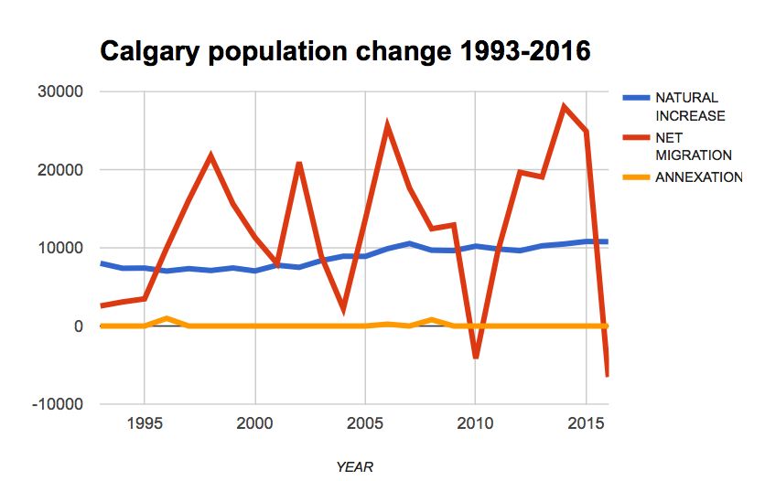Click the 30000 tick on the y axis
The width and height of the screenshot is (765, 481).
coord(59,91)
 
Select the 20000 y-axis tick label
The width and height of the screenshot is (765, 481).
coord(59,170)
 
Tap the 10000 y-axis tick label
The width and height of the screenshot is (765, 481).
coord(59,248)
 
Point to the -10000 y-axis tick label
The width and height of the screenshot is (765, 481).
coord(57,404)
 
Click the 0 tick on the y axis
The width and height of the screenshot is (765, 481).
coord(78,326)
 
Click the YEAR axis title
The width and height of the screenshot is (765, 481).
coord(354,466)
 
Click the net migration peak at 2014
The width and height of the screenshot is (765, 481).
coord(565,107)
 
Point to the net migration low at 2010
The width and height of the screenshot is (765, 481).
coord(476,357)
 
